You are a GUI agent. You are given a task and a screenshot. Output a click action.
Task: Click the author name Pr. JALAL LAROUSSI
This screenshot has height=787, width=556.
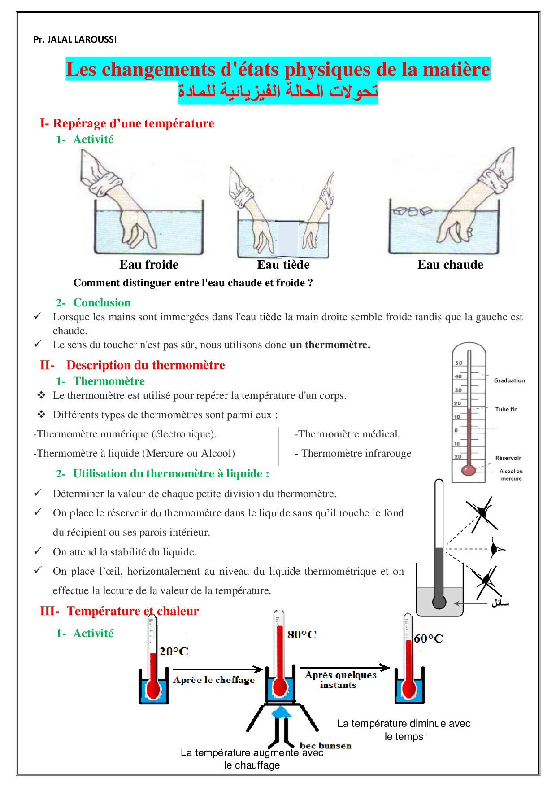click(75, 39)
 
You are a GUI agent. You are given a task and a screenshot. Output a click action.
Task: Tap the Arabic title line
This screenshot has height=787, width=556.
click(278, 92)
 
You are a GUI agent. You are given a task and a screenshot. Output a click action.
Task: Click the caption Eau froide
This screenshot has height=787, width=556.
click(149, 265)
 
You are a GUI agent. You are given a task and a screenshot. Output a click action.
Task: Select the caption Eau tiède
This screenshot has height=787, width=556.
click(283, 265)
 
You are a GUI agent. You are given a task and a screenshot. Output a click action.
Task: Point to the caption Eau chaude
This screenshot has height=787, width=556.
click(450, 265)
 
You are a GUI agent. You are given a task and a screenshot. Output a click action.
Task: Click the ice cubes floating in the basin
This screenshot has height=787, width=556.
click(412, 210)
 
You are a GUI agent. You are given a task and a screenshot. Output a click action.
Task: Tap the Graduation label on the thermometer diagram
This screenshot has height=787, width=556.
click(509, 380)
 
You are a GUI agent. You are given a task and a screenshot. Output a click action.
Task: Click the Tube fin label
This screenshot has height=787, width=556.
click(506, 409)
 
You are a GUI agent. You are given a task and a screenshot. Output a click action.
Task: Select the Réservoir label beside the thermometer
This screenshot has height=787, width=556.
click(508, 458)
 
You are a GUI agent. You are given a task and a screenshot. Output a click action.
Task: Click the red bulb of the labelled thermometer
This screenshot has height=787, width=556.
click(469, 470)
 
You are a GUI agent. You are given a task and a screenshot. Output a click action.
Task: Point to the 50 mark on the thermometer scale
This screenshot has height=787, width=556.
click(459, 363)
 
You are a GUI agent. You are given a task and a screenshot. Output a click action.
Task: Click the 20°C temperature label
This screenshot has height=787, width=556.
click(174, 651)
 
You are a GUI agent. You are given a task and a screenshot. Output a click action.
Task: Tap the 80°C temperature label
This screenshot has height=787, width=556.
click(302, 634)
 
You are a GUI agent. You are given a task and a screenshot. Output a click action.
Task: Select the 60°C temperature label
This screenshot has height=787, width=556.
click(428, 638)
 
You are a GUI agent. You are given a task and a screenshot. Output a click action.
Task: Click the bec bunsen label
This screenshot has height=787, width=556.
click(326, 745)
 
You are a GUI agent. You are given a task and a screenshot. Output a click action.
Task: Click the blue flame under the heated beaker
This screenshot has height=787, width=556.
click(282, 712)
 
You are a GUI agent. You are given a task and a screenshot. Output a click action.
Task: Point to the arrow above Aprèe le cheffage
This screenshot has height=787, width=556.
click(218, 669)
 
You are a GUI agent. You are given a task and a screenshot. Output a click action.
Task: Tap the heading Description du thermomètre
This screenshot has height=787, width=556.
click(145, 365)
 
